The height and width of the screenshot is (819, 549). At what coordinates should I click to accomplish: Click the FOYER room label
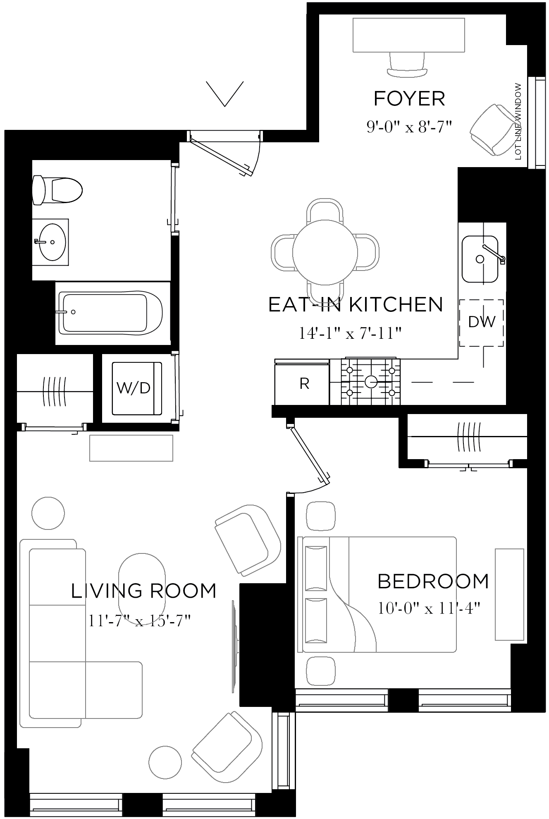click(x=409, y=99)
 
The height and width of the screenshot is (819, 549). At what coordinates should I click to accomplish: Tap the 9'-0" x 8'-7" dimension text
click(x=408, y=126)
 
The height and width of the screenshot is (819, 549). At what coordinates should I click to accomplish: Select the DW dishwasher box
click(x=481, y=322)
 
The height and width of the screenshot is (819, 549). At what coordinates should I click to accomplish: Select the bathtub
click(x=110, y=313)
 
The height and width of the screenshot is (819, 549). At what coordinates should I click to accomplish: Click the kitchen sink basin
click(x=480, y=259)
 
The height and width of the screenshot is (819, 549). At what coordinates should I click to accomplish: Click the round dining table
click(x=325, y=252)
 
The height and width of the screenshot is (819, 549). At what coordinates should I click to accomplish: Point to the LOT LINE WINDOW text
click(x=518, y=122)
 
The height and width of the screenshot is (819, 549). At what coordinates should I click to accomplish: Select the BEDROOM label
click(x=433, y=582)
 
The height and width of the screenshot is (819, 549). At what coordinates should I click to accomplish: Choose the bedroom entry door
click(x=310, y=456)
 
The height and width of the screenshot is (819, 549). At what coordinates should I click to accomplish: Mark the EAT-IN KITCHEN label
click(x=356, y=305)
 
